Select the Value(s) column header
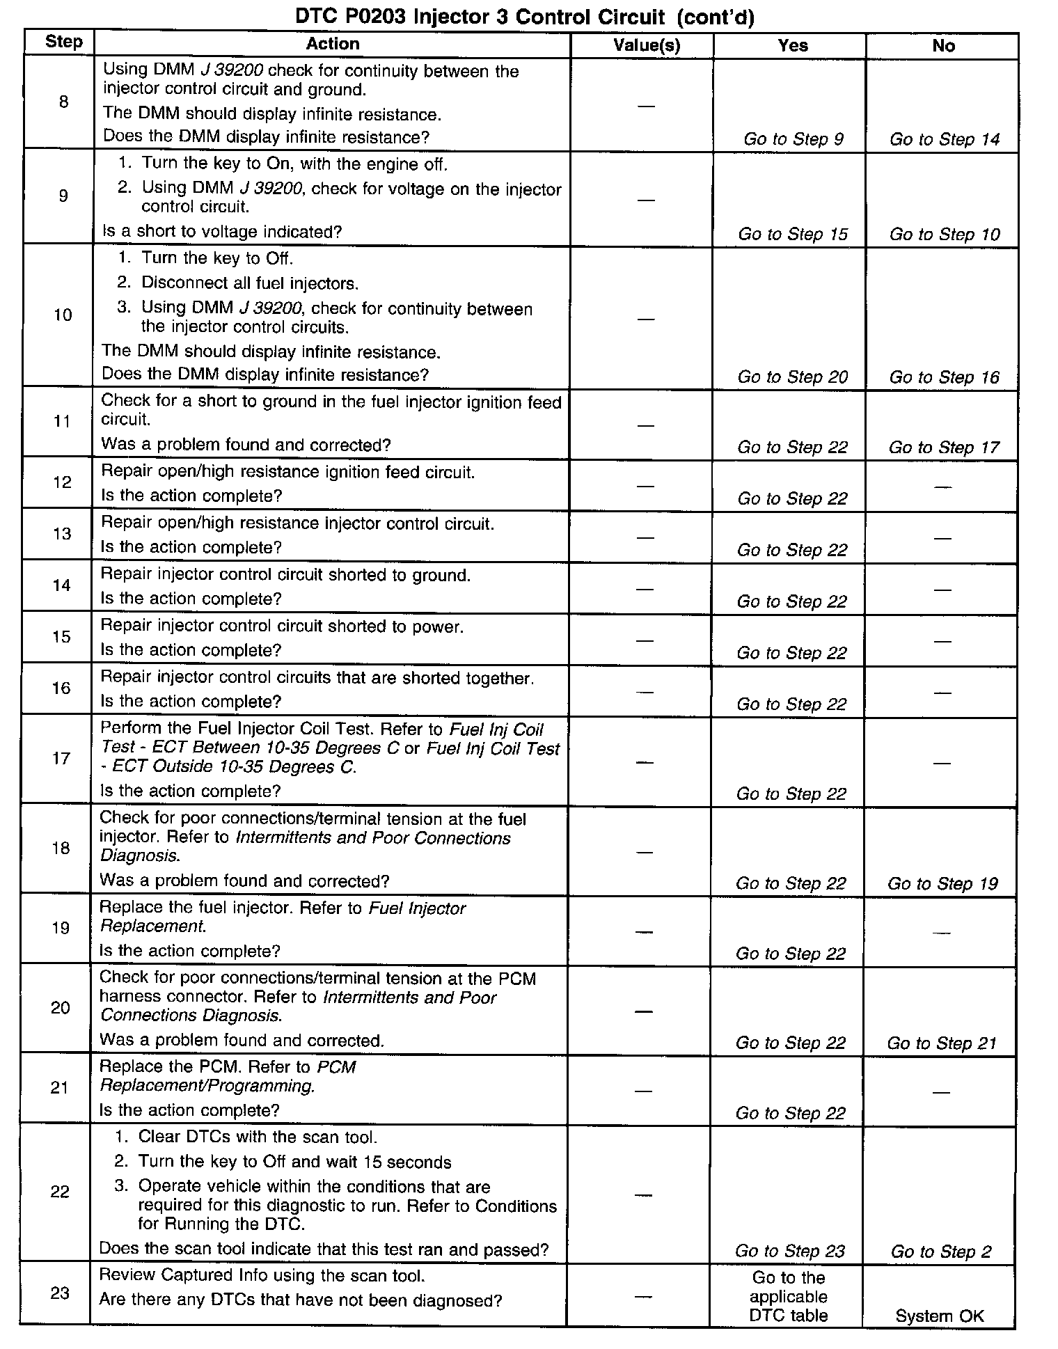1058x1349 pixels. pos(646,46)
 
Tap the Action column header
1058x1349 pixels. pos(333,44)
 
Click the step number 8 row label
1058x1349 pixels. pos(63,102)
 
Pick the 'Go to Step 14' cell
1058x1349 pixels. pos(944,139)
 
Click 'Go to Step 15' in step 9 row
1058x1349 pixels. pos(793,235)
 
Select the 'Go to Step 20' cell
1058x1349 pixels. pos(792,377)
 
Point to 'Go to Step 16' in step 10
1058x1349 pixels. pos(944,377)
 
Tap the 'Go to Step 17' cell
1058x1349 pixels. pos(943,448)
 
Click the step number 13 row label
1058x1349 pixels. pos(62,534)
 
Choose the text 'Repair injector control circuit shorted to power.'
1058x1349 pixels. pos(282,626)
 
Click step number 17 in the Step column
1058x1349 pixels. pos(61,758)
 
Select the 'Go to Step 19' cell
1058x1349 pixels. pos(942,884)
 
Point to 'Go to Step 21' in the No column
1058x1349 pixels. pos(941,1043)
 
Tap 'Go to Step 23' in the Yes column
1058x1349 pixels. pos(790,1252)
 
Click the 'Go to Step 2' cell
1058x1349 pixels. pos(940,1252)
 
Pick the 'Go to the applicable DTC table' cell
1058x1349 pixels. pos(789,1297)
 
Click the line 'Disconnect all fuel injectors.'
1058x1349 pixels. pos(250,283)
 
